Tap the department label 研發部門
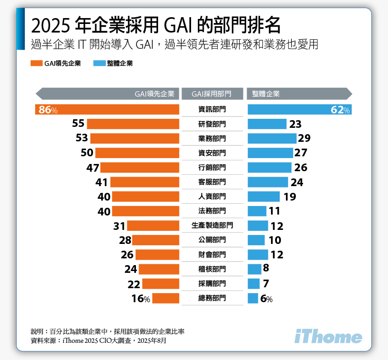(212, 124)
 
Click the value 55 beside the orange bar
(78, 124)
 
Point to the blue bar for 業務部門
(272, 139)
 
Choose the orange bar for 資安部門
(137, 153)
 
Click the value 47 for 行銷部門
(93, 168)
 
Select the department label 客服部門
(212, 182)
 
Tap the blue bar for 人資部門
(264, 196)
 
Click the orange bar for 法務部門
(145, 211)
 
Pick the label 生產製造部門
(212, 225)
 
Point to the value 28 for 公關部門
(125, 240)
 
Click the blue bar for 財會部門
(258, 255)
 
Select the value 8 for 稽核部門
(266, 268)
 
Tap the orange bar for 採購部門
(161, 284)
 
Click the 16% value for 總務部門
(140, 299)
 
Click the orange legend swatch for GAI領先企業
(36, 64)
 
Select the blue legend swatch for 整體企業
(99, 64)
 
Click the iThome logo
(328, 337)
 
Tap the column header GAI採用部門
(211, 94)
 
